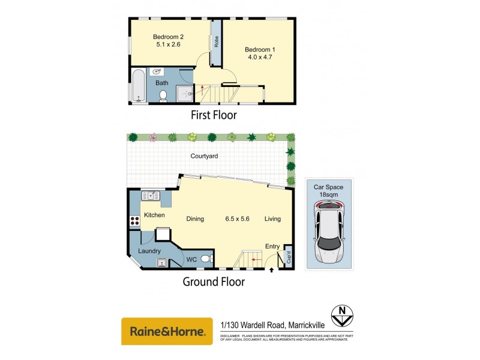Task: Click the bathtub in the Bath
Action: click(138, 85)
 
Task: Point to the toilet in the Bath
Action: click(163, 95)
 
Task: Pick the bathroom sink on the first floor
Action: click(157, 71)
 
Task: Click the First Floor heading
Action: click(213, 115)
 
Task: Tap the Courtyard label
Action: click(204, 156)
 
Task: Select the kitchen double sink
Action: click(150, 196)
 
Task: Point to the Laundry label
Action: click(149, 251)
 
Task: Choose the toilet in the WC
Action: click(206, 259)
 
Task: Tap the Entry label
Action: click(272, 245)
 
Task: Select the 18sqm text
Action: click(328, 194)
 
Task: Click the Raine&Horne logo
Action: click(167, 331)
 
